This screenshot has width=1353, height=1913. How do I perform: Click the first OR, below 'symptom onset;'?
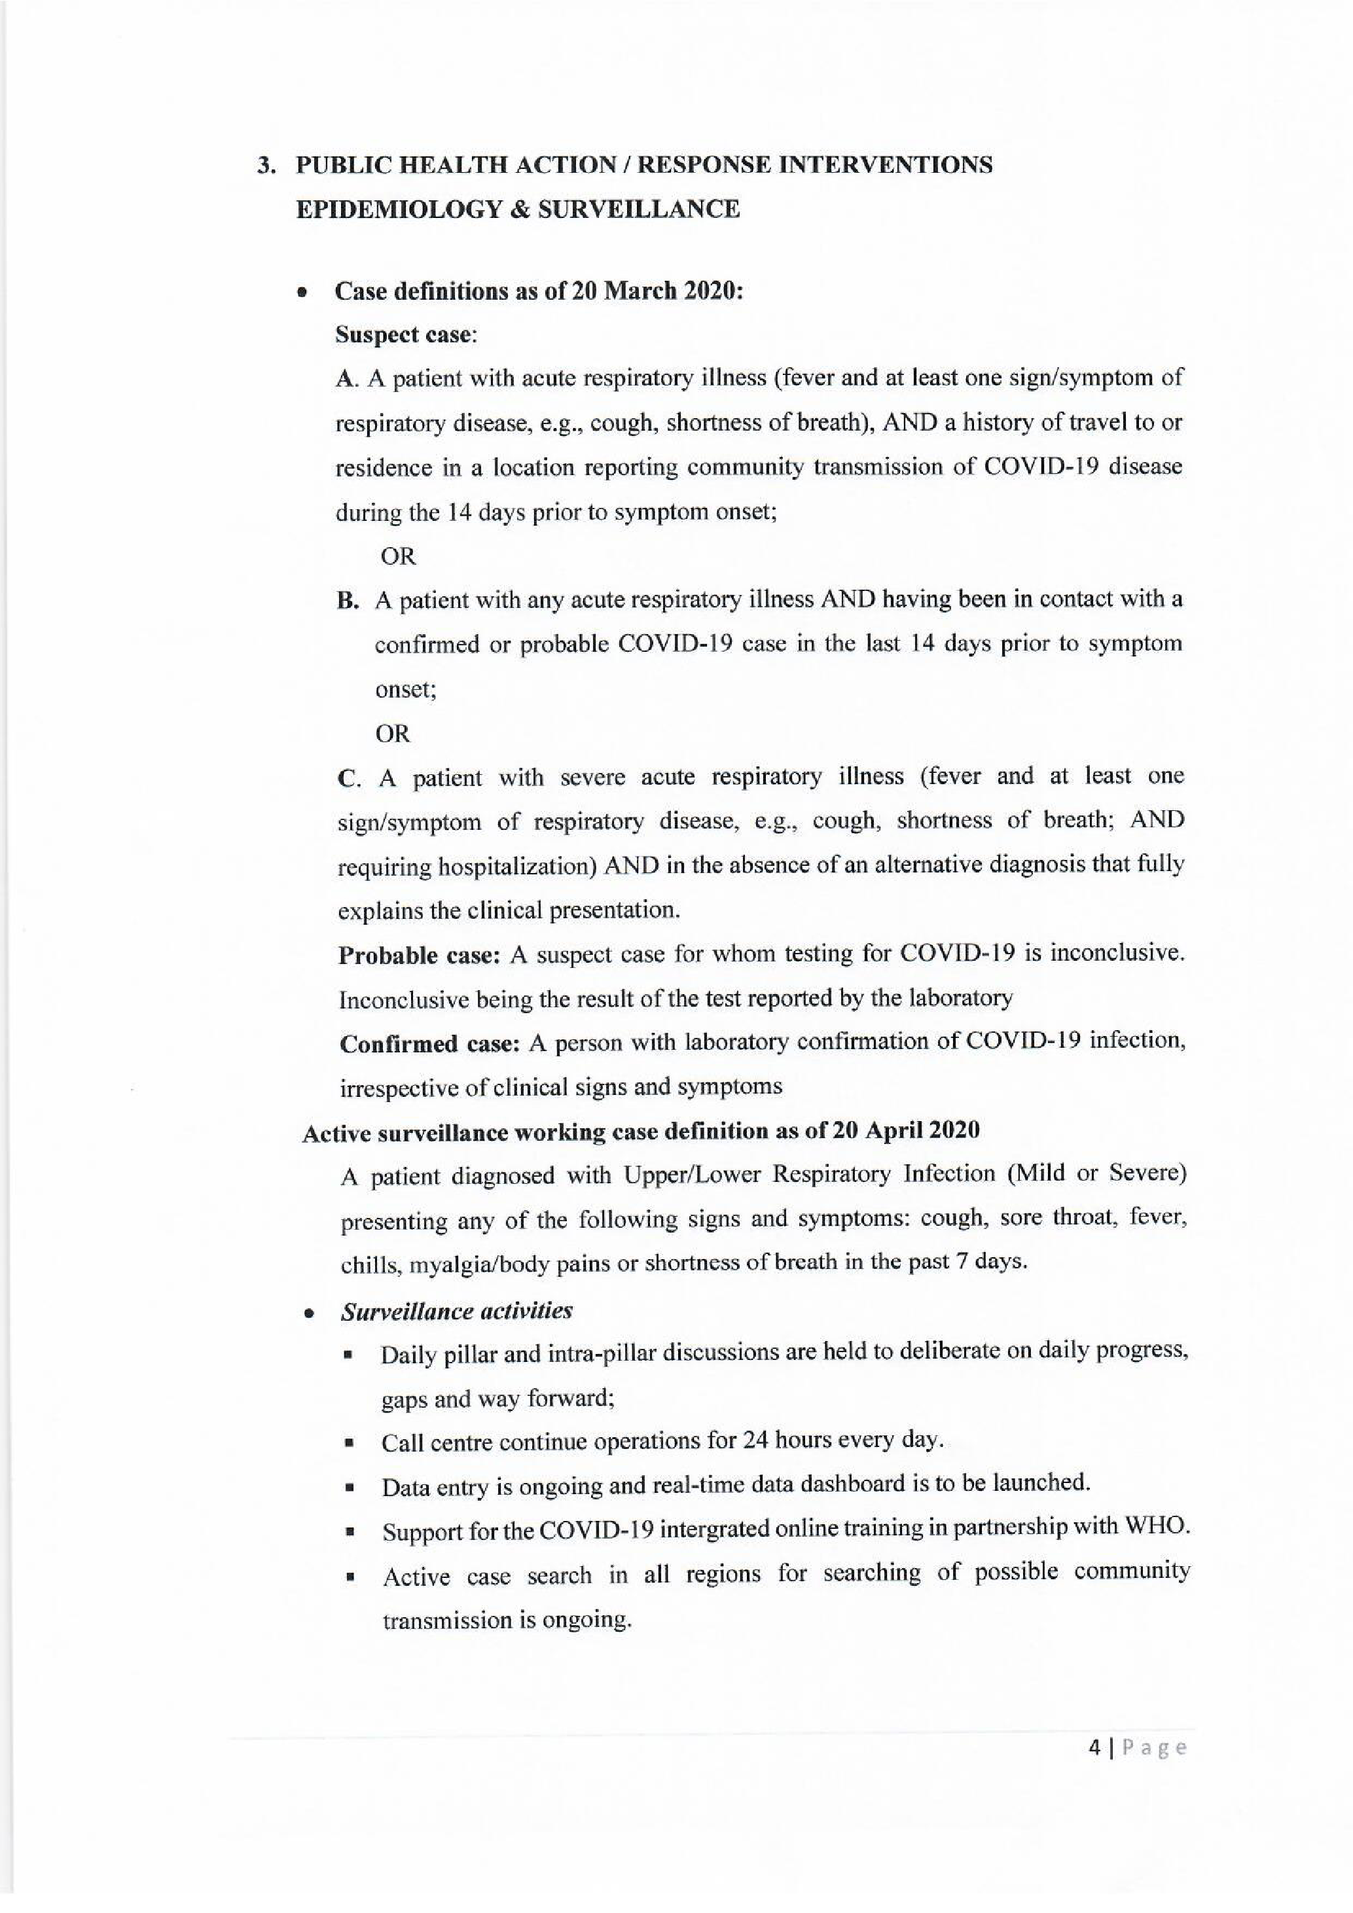(397, 556)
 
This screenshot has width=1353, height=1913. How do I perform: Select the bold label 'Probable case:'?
(419, 955)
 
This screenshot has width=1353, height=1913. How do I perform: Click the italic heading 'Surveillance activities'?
(456, 1312)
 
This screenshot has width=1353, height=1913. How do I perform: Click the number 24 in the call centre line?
(753, 1440)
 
